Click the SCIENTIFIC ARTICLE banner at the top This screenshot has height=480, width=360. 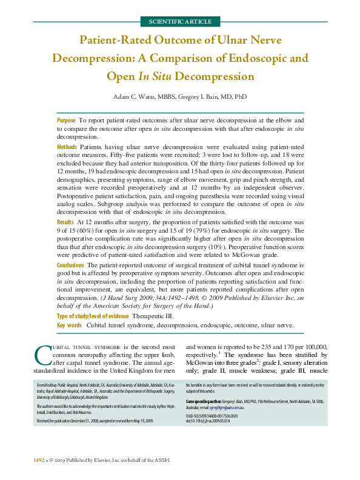[180, 21]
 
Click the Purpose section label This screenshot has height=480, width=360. [66, 121]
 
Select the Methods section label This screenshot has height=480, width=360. [67, 147]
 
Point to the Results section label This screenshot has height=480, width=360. [65, 224]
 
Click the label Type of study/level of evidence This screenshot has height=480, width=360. [92, 316]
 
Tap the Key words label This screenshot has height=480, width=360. [69, 325]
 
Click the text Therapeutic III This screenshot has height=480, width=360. [153, 316]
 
